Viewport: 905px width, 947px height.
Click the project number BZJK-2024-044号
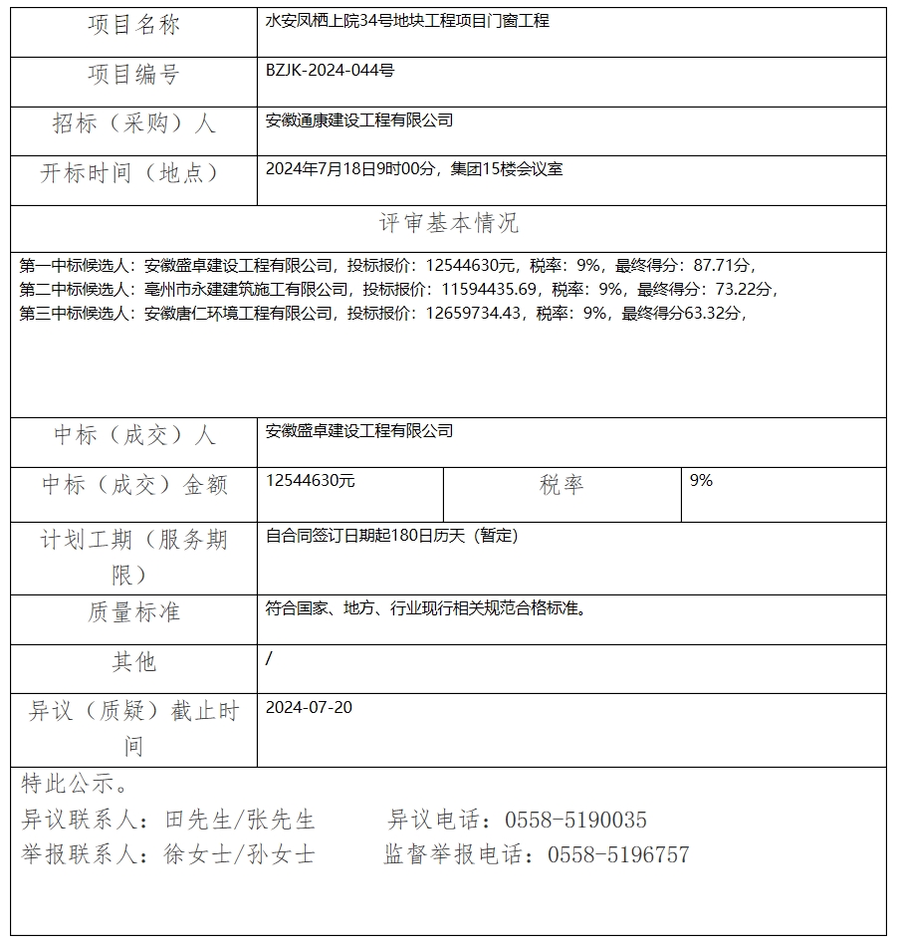(x=330, y=71)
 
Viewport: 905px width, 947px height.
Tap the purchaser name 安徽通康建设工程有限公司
(x=359, y=120)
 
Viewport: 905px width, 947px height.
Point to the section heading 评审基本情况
(x=449, y=223)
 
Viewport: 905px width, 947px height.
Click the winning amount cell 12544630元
(x=311, y=481)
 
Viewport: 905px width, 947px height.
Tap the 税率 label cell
(x=562, y=485)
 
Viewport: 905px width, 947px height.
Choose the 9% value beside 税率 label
(x=701, y=481)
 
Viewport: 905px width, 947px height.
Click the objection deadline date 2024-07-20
(x=309, y=708)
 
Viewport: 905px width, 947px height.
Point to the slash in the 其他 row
(x=270, y=658)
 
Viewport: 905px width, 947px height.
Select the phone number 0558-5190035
(x=575, y=821)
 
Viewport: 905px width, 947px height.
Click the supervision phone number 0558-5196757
(x=617, y=855)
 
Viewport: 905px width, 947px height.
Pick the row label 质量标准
(x=133, y=612)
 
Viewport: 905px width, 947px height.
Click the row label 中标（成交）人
(x=133, y=435)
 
